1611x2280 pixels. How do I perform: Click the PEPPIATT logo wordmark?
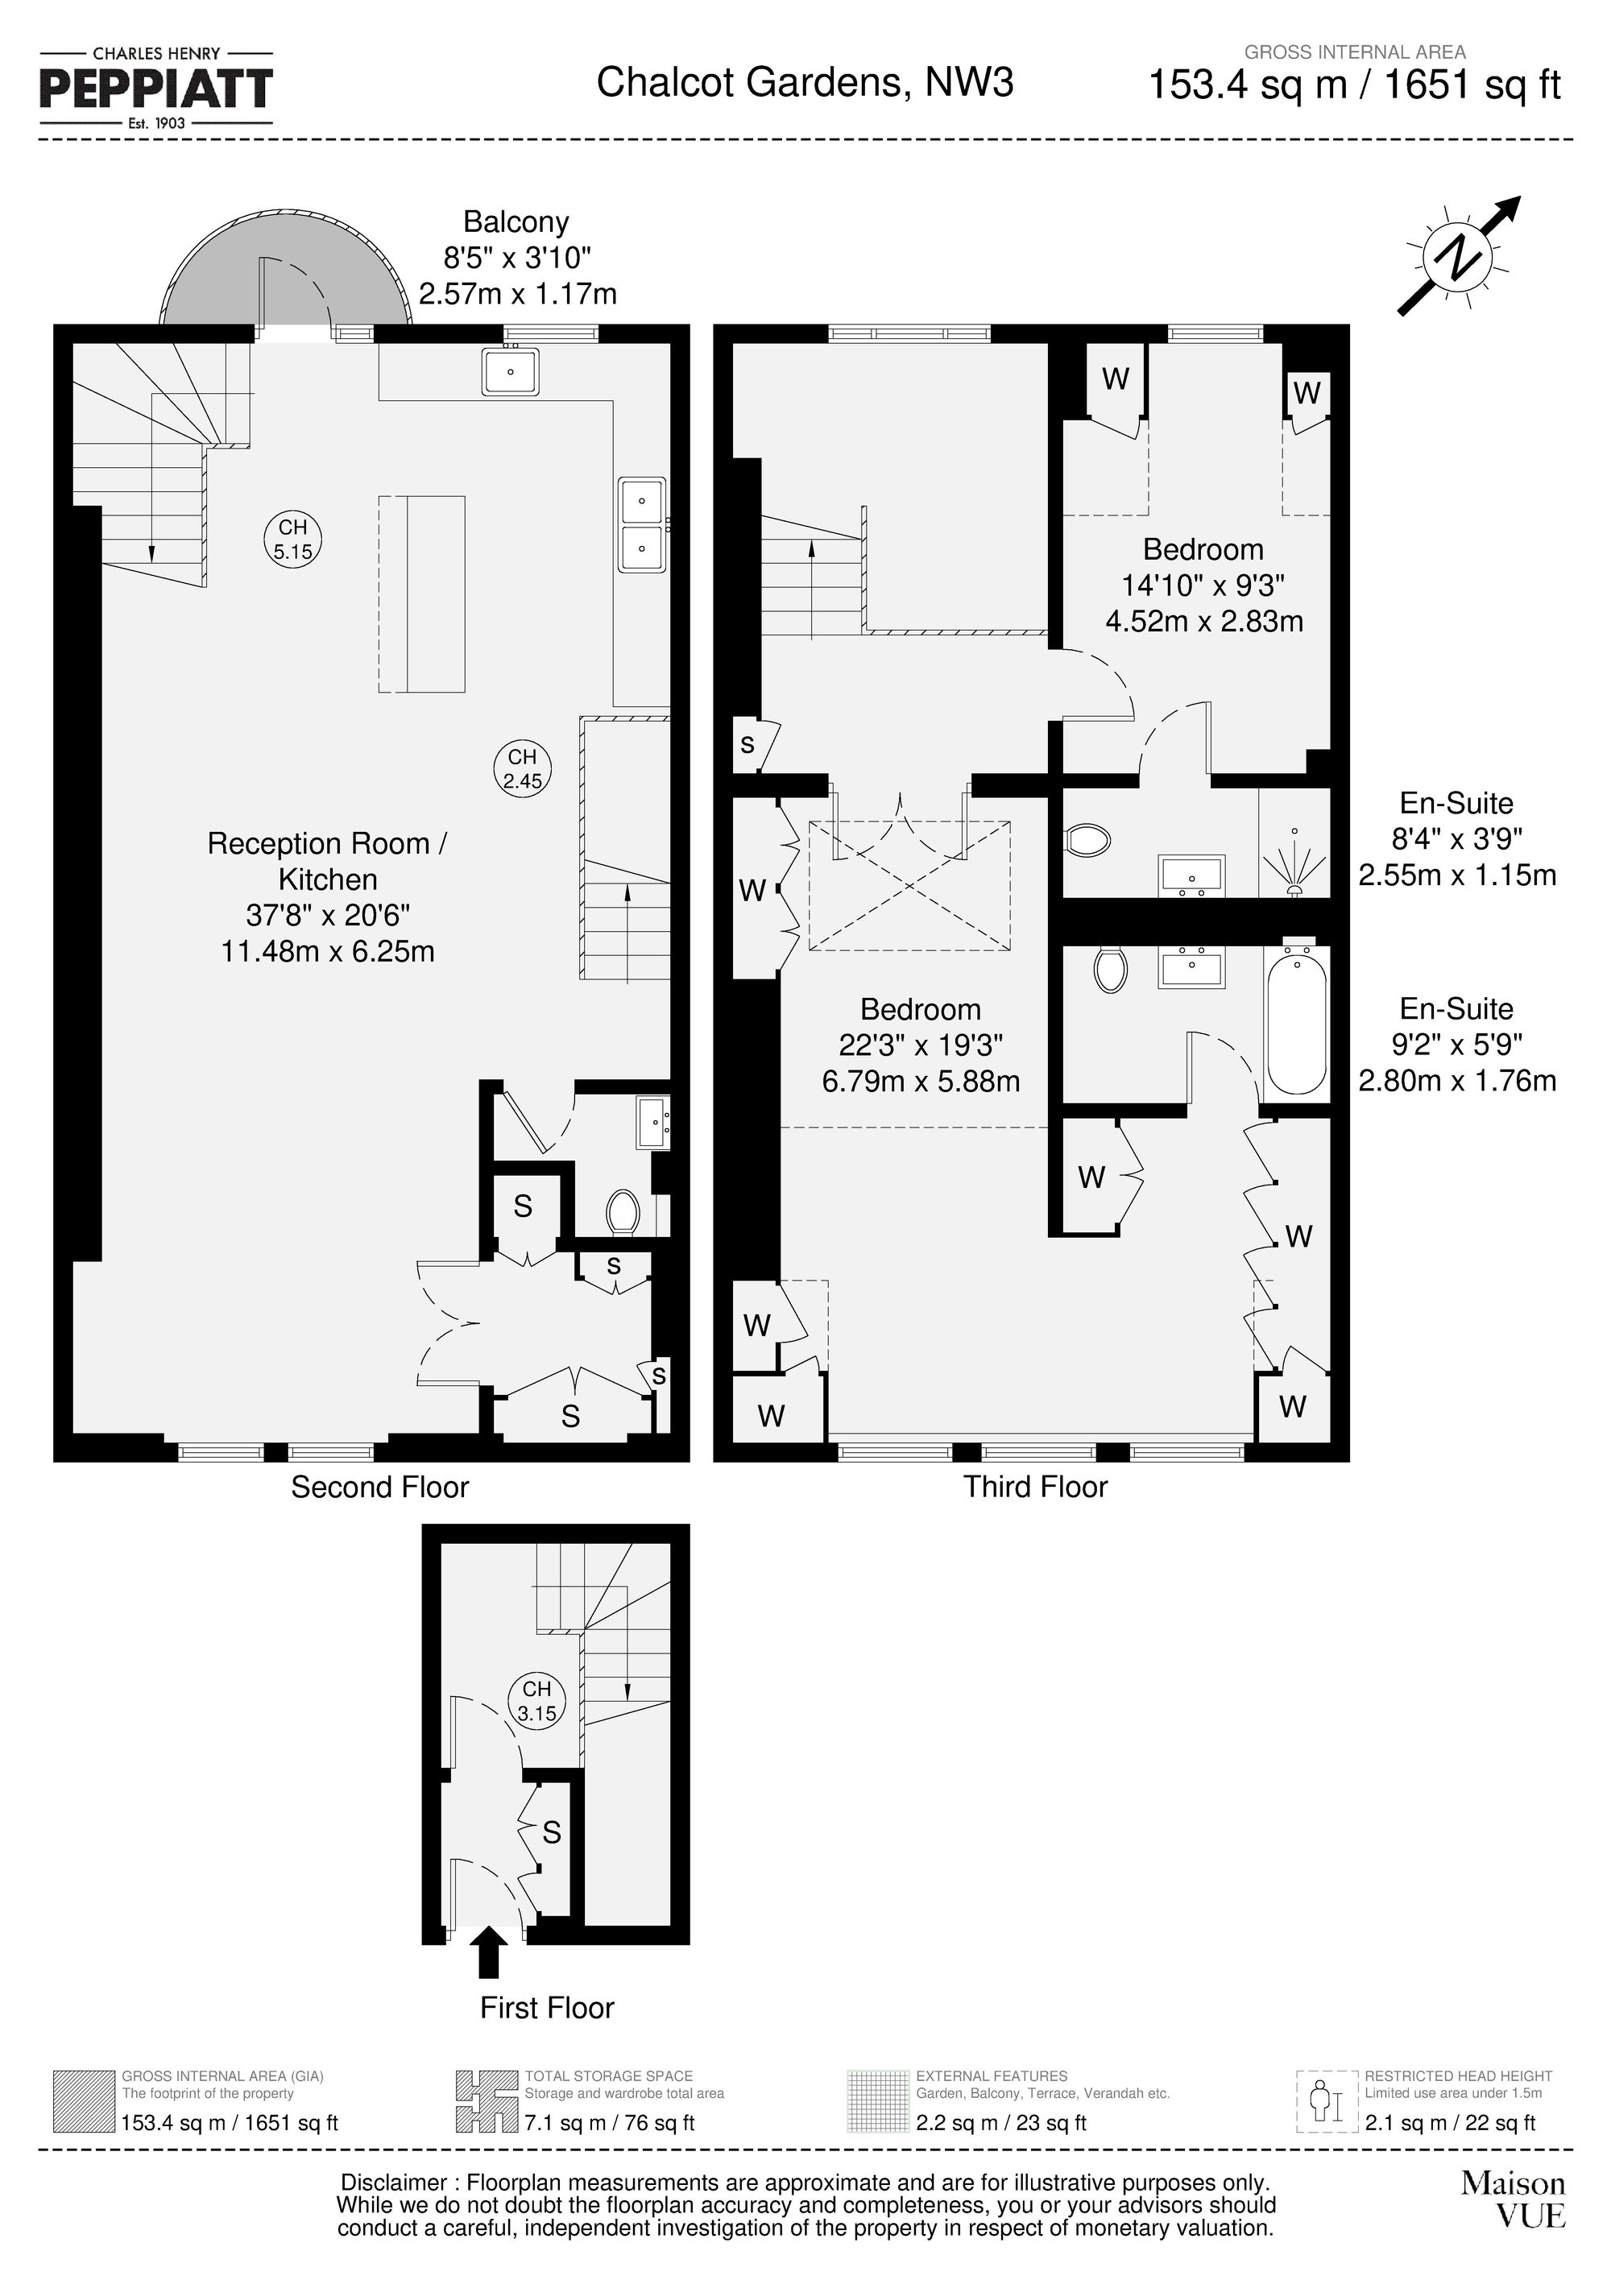coord(156,89)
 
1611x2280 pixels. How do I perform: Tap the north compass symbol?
coord(1458,257)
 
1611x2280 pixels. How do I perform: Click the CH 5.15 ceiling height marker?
coord(293,540)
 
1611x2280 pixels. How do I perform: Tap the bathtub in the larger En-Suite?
coord(1297,1020)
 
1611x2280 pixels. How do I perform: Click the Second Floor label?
coord(379,1487)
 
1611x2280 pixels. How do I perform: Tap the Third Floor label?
coord(1035,1487)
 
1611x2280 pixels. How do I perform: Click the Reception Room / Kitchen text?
coord(327,861)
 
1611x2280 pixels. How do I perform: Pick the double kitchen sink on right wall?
coord(642,524)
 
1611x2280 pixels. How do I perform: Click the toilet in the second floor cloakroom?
coord(623,1211)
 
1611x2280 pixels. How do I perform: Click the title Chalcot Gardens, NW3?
coord(805,82)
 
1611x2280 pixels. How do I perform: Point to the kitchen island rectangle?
coord(422,593)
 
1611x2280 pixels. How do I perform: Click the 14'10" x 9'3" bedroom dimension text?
coord(1203,585)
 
